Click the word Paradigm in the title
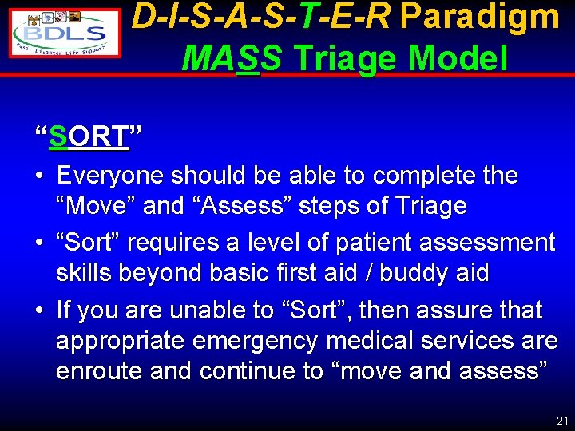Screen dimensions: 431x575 click(x=479, y=18)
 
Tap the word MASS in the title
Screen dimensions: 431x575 click(x=232, y=57)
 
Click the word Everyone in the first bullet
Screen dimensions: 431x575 click(x=111, y=175)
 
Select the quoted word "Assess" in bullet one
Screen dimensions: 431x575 click(x=249, y=206)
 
